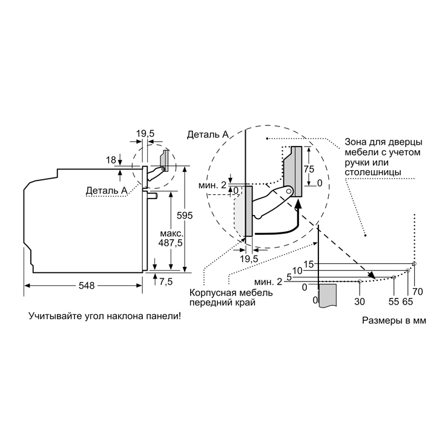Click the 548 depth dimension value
87,285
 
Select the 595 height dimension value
185,216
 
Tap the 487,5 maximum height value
170,243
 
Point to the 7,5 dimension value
166,282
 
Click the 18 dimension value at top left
111,160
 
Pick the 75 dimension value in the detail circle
309,169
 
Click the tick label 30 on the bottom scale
360,301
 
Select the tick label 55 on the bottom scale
394,301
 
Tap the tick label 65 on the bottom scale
407,301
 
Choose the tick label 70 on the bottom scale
418,292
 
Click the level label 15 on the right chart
309,265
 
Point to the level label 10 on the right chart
297,271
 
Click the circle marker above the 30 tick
360,282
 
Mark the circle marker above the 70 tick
415,263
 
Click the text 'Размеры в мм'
394,321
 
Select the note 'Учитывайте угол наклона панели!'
105,316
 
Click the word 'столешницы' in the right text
372,173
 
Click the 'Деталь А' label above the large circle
208,134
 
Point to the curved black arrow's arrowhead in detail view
298,203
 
